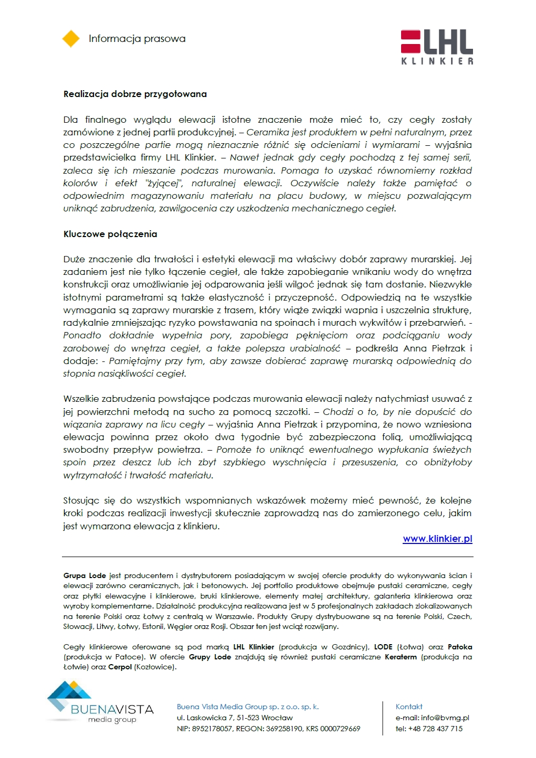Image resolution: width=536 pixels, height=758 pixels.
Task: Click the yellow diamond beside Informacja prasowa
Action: pos(71,39)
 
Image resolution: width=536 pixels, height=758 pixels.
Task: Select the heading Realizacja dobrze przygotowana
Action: pos(135,94)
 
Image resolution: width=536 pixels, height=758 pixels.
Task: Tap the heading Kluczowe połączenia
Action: pos(110,234)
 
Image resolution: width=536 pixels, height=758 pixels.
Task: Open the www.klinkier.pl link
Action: pos(437,539)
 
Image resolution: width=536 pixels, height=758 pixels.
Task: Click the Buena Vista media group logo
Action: pos(100,703)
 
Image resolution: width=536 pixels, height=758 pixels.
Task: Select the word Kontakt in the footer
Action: pos(409,707)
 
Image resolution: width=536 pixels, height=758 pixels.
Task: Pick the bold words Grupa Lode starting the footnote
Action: pos(85,575)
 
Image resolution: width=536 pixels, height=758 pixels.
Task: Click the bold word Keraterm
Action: pos(401,657)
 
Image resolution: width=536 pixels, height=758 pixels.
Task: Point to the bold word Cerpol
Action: pos(120,667)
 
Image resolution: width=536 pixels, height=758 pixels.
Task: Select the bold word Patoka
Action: pos(460,647)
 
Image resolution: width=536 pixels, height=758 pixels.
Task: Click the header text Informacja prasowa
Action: pos(137,39)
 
